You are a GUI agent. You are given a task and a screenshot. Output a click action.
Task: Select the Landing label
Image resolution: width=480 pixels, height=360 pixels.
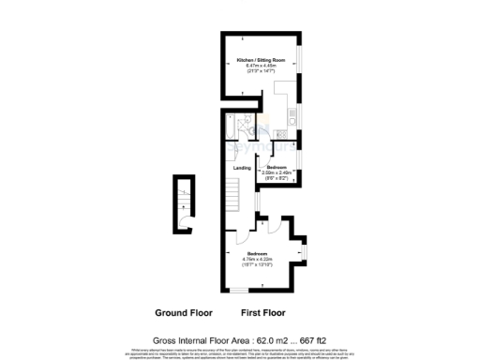[x=243, y=167]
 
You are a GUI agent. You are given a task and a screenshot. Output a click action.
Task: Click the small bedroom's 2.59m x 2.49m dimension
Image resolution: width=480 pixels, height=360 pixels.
[x=278, y=172]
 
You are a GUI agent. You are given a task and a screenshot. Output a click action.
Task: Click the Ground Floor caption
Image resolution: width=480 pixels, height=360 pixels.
[x=184, y=312]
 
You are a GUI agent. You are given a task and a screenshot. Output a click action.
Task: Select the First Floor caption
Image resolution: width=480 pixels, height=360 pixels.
[x=263, y=312]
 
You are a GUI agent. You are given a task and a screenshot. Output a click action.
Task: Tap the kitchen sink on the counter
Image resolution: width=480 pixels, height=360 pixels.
[x=293, y=120]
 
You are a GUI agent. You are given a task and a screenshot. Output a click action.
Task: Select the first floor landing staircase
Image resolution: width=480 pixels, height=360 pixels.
[x=230, y=197]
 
